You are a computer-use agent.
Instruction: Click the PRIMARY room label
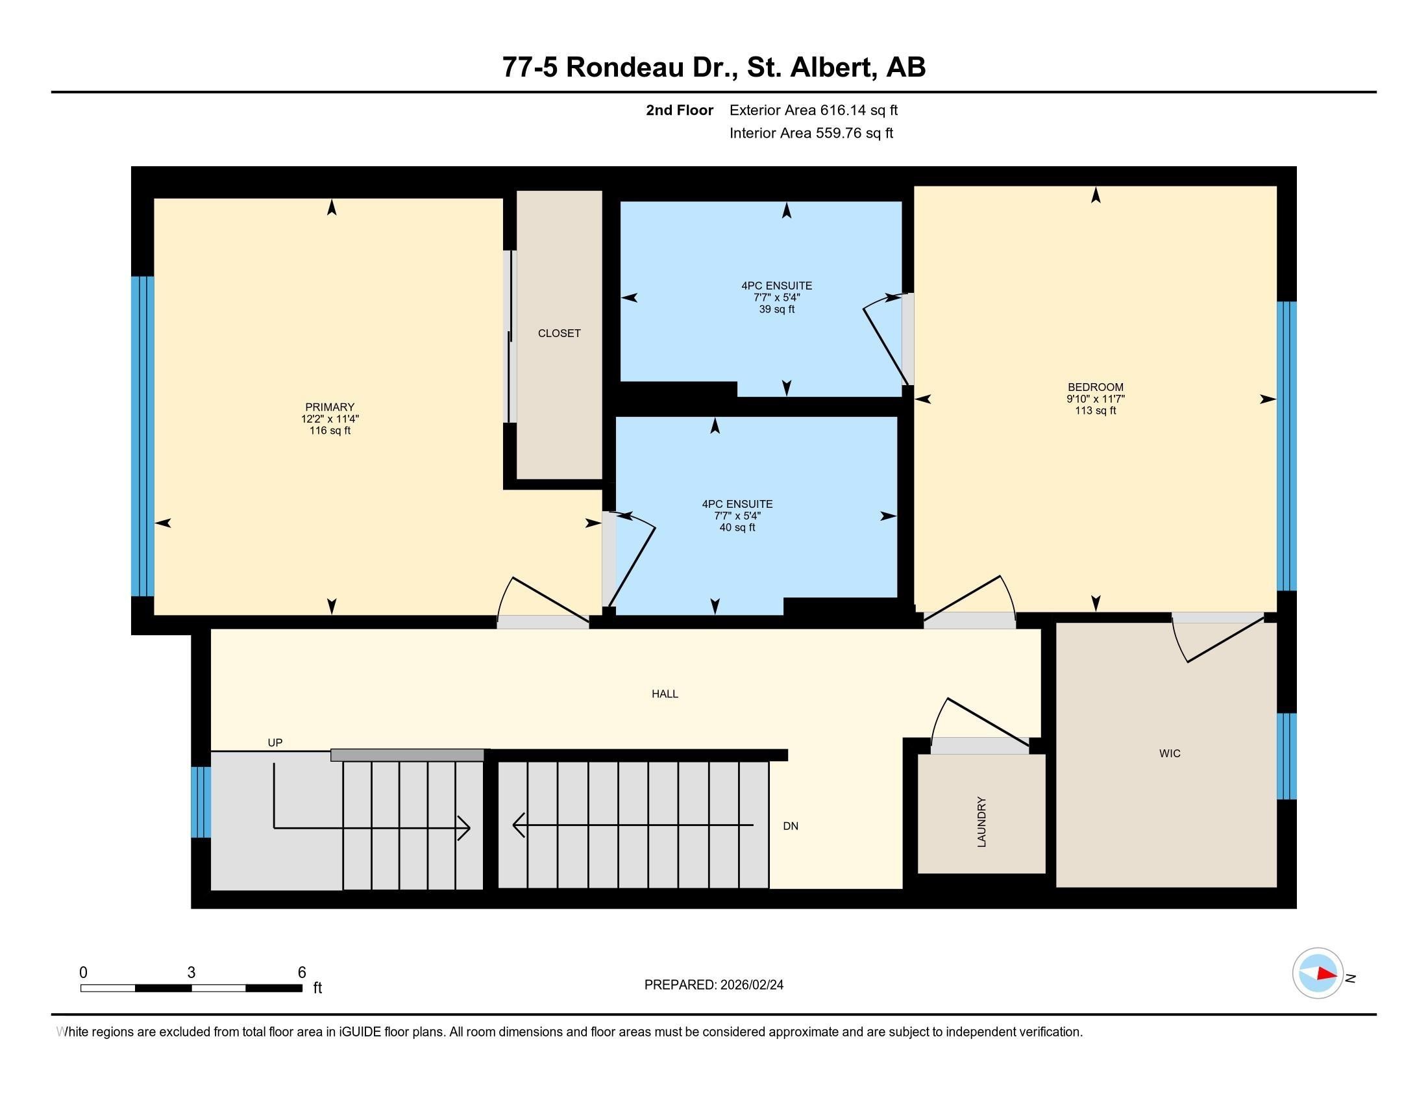330,407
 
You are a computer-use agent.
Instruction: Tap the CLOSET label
559,334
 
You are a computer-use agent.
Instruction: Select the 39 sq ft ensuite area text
777,309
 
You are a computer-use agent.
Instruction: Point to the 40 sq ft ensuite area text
737,528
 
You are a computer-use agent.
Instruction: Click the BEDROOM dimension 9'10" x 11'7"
1095,399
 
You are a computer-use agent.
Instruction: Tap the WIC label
1170,753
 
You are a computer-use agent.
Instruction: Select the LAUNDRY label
981,822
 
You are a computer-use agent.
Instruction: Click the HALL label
664,694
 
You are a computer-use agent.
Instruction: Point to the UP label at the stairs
275,743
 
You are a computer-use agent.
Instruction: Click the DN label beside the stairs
791,826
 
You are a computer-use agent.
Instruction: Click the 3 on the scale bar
191,973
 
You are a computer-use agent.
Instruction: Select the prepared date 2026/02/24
750,985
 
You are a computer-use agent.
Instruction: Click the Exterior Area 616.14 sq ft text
813,110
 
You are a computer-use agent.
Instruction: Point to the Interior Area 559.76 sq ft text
811,133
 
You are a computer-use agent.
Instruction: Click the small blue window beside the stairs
201,802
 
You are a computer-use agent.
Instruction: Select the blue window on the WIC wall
1286,756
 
